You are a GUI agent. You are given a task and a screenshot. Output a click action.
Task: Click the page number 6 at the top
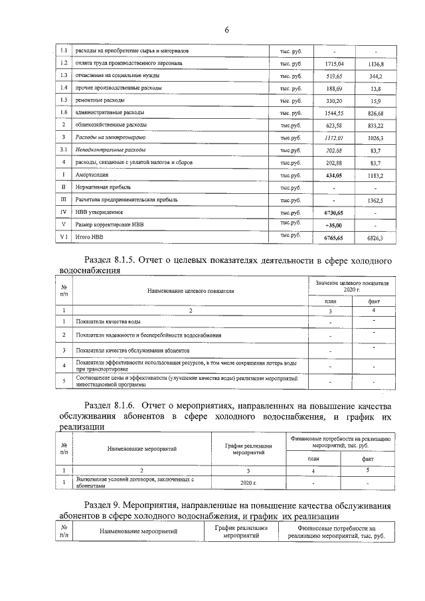(x=226, y=30)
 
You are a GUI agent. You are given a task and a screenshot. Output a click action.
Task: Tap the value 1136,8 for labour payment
(x=375, y=64)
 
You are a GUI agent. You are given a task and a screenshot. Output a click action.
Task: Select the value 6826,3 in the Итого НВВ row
(x=375, y=237)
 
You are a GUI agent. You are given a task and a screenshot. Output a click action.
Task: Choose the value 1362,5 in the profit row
(x=375, y=200)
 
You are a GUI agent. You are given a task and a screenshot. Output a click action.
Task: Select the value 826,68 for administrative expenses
(x=375, y=113)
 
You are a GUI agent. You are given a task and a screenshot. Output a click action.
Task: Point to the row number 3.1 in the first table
(x=62, y=150)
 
